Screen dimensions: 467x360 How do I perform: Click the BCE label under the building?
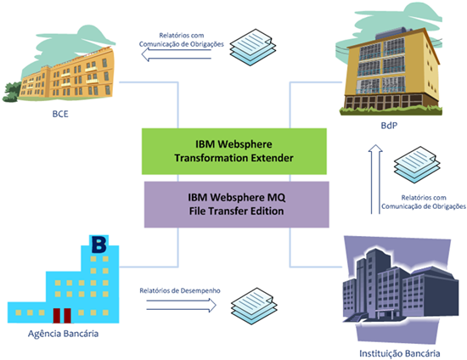click(60, 114)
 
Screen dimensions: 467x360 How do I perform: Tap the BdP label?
click(389, 126)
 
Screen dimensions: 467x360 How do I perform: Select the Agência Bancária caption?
click(63, 334)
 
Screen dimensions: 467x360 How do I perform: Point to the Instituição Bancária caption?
click(399, 353)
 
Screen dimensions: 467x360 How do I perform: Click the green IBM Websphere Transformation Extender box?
click(234, 151)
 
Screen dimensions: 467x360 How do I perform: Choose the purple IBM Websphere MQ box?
click(237, 205)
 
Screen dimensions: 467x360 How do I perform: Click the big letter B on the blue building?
click(98, 245)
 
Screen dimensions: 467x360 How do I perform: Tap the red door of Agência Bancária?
click(62, 316)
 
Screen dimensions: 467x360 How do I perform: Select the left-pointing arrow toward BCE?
click(176, 54)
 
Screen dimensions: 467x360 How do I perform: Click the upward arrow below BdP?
click(375, 179)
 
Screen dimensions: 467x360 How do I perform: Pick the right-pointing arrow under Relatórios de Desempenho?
click(182, 305)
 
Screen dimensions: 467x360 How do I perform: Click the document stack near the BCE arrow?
click(253, 47)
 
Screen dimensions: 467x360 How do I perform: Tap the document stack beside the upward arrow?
click(417, 165)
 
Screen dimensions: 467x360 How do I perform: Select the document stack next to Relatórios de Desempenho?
click(254, 307)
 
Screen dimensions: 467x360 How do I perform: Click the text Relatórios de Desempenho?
click(180, 290)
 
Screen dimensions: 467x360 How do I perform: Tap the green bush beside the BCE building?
click(12, 92)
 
